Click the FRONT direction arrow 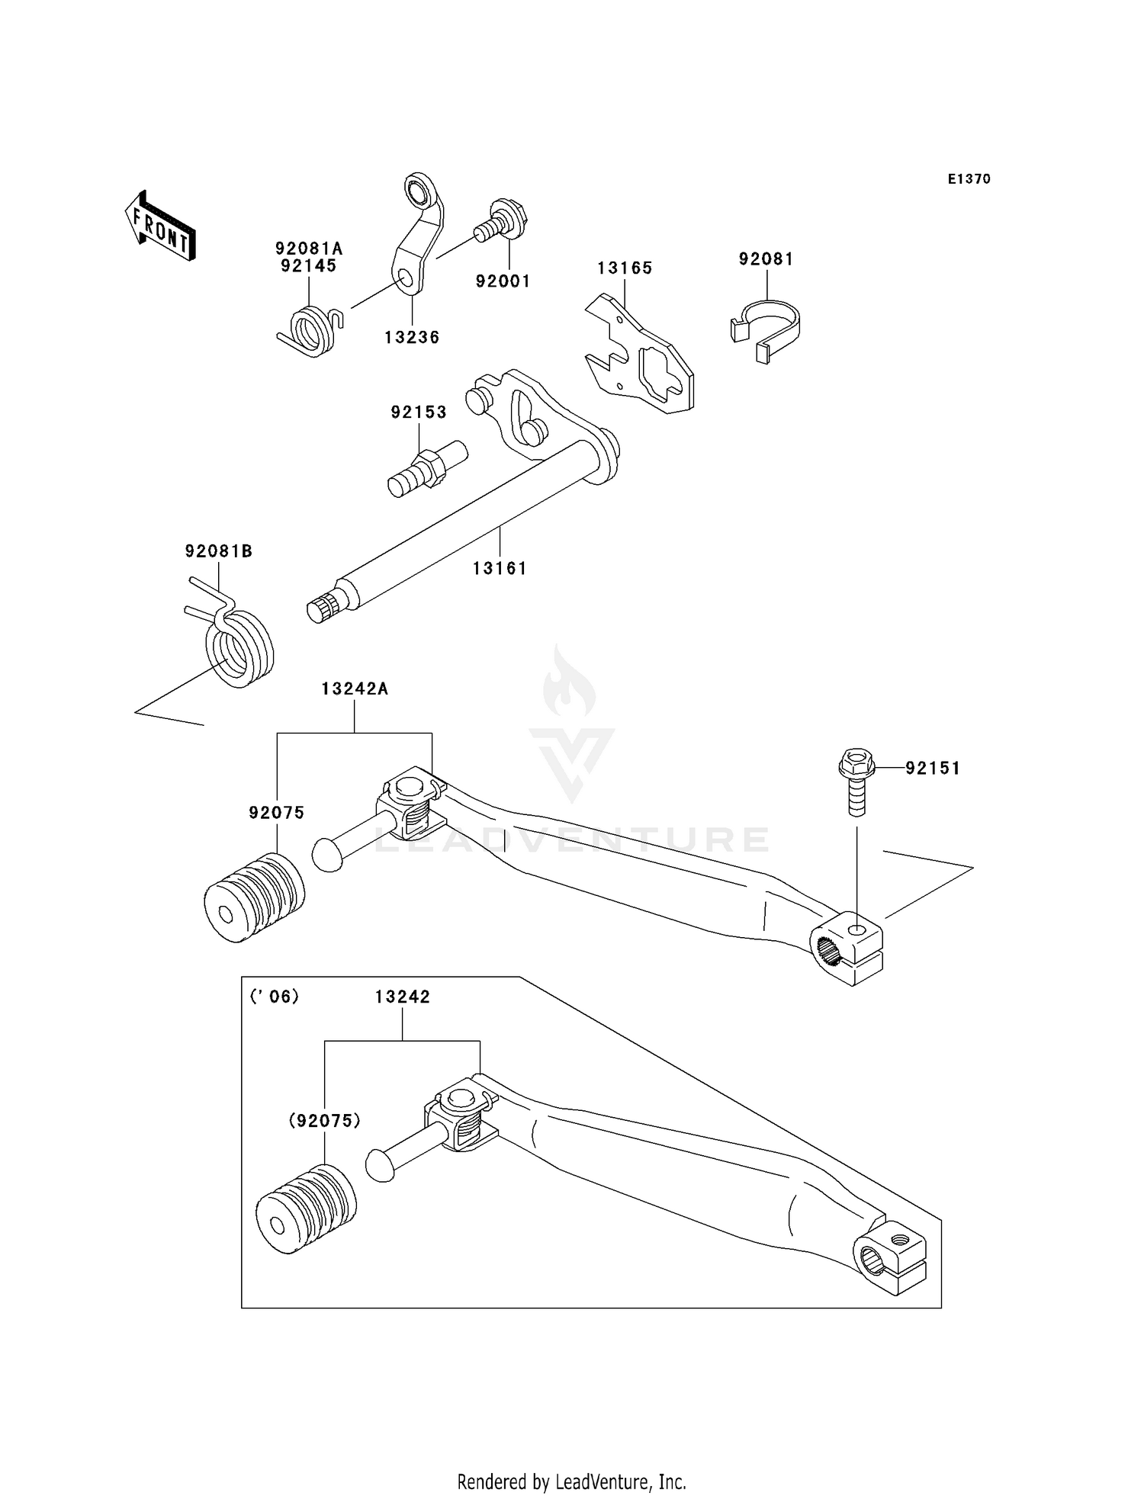click(160, 226)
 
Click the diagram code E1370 click(969, 179)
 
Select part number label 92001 click(503, 281)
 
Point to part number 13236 click(412, 337)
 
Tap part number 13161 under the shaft click(500, 568)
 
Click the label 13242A click(355, 689)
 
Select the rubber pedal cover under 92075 click(254, 898)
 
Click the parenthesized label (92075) click(324, 1121)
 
